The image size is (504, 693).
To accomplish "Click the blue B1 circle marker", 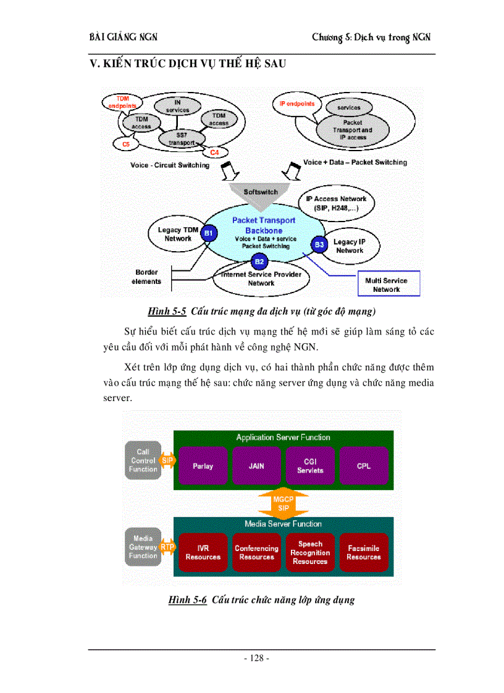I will click(208, 233).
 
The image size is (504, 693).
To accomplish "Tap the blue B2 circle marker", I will click(259, 262).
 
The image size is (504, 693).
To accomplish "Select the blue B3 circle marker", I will click(319, 245).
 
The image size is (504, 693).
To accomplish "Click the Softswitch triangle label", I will click(261, 192).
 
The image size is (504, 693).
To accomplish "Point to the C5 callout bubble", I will click(126, 144).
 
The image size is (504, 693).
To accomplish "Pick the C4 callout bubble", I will click(214, 152).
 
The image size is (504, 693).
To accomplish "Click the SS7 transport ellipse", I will click(177, 139).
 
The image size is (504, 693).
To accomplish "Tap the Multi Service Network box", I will click(387, 284).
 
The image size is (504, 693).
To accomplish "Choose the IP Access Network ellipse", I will click(336, 204).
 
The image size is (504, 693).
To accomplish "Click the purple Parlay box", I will click(203, 467).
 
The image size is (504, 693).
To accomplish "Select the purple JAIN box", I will click(256, 467).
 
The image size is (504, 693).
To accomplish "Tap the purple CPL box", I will click(364, 467).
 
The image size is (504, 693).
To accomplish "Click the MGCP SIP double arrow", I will click(283, 503).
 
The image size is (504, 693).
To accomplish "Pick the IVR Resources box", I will click(203, 552).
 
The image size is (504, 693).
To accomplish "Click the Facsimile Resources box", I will click(364, 552).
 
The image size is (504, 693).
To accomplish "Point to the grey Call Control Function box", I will click(143, 460).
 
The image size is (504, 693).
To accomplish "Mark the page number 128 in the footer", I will click(256, 658).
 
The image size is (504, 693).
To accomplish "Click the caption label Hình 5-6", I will click(188, 599).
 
